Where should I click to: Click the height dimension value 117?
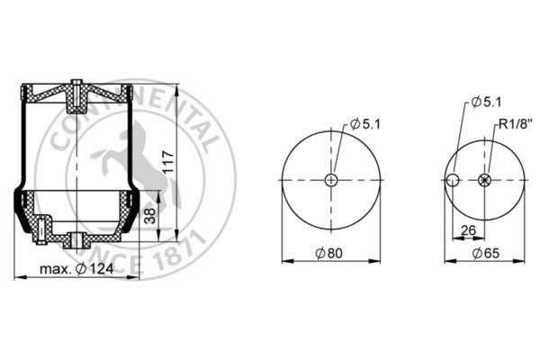[168, 162]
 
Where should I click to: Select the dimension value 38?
[149, 216]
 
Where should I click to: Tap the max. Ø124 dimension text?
[76, 269]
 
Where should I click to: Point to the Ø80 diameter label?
[329, 253]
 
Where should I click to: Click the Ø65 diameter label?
[486, 253]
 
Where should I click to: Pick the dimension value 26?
[468, 230]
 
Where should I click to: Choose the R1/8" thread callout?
[516, 123]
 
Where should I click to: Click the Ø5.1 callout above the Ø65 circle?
[487, 102]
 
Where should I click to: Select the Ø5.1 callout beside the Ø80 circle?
[365, 124]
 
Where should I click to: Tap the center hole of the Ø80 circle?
[331, 179]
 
